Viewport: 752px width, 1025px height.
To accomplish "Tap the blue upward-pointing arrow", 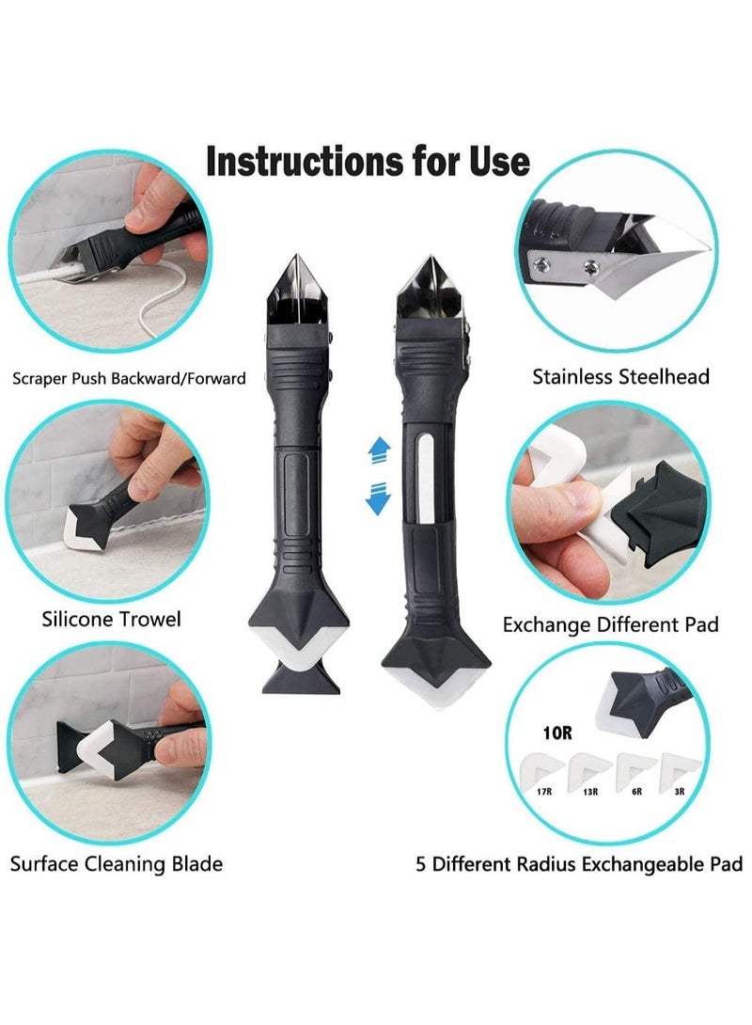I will click(x=377, y=449).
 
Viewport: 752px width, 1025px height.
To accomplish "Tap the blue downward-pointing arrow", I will click(x=377, y=497).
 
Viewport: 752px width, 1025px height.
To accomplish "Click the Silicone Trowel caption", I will click(x=111, y=619).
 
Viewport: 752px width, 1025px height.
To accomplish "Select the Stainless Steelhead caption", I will click(x=620, y=377).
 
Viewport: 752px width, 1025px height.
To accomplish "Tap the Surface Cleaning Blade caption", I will click(x=117, y=862).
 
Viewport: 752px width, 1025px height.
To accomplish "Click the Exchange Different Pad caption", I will click(x=611, y=623).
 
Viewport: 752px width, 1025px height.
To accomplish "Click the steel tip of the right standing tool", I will click(x=427, y=282).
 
